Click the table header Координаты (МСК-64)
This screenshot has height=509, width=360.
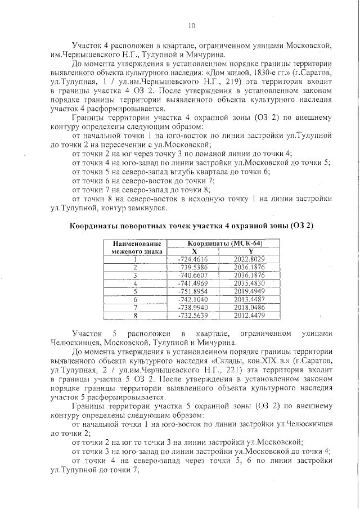217,243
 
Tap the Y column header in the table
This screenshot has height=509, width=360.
249,251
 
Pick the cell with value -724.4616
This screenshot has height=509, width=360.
193,259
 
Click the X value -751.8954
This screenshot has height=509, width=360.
193,292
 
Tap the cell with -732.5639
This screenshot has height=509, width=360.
193,316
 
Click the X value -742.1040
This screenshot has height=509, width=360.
193,300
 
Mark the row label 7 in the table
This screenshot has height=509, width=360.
136,308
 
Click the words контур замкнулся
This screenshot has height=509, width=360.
138,208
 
